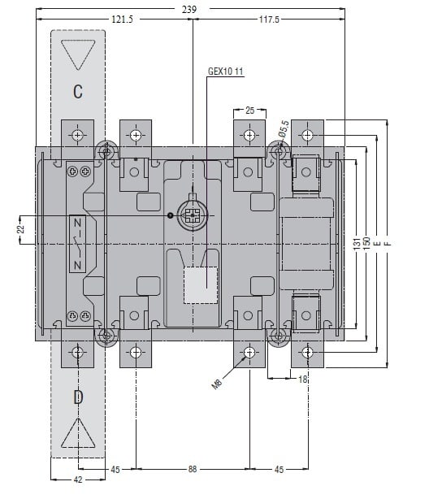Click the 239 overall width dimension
point(189,9)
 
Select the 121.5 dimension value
point(122,20)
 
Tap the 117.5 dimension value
point(269,20)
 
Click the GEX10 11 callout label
point(226,72)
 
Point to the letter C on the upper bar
point(78,91)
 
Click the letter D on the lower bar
point(78,397)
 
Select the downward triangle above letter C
point(78,54)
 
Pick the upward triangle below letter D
point(78,433)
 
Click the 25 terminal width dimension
point(249,110)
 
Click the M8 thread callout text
point(217,384)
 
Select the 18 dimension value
point(302,379)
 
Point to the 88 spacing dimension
point(193,469)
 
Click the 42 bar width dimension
point(78,479)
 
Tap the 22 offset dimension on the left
point(20,229)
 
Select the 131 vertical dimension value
point(357,243)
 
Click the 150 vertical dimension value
point(366,243)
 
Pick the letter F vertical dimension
point(388,244)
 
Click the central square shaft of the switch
point(193,215)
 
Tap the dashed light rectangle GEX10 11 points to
point(201,285)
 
